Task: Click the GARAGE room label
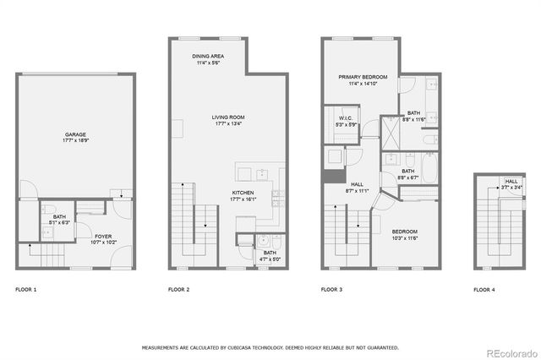pos(74,134)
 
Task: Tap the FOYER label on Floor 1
pos(103,236)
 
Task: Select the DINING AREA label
pos(207,56)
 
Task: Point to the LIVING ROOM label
pos(227,117)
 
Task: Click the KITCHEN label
pos(243,193)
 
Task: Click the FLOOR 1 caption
pos(26,290)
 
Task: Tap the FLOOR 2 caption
pos(178,290)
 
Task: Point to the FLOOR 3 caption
pos(331,290)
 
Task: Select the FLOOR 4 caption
pos(484,290)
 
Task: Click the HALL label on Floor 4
pos(511,181)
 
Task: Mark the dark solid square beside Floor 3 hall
pos(330,176)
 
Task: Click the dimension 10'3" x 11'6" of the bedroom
pos(404,237)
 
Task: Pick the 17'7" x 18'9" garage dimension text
pos(74,141)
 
